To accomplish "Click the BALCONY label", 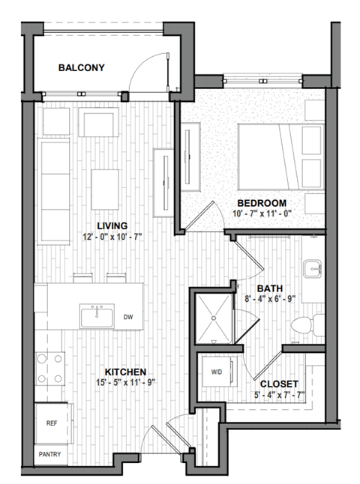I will [x=81, y=68].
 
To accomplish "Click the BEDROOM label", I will [x=262, y=204].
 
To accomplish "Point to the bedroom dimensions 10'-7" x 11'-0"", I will [x=262, y=214].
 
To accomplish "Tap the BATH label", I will [x=269, y=288].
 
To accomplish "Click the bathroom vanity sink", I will [x=313, y=267].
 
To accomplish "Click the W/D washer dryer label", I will [x=216, y=372].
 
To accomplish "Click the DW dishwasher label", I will [x=128, y=317].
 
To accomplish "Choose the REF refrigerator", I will [x=52, y=423].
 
